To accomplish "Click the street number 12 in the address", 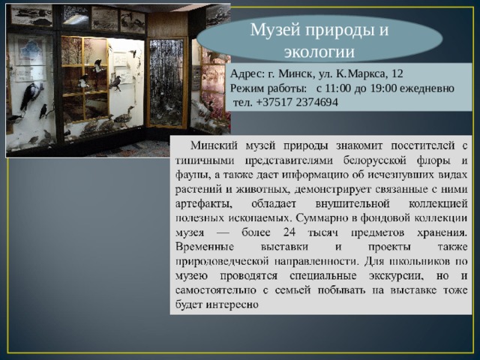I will [x=397, y=74].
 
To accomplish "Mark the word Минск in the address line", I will [x=297, y=74].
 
